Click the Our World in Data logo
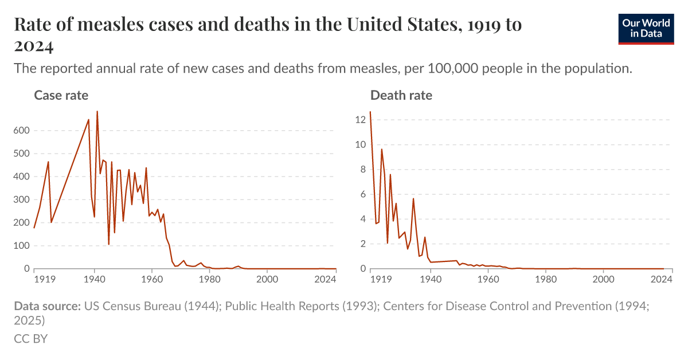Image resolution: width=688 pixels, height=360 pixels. (x=646, y=29)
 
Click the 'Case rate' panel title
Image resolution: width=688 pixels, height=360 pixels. (x=61, y=95)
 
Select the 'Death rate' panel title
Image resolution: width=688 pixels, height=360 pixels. (x=401, y=95)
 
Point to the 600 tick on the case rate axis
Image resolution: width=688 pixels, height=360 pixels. (x=21, y=131)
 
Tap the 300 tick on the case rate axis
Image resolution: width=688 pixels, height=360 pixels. (x=21, y=199)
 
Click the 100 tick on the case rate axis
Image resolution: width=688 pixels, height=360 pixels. (x=21, y=245)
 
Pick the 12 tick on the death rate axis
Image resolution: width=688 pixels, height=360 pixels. (x=360, y=120)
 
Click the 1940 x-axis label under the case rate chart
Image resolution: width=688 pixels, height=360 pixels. (x=94, y=279)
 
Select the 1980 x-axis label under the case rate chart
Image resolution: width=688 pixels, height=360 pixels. (x=209, y=279)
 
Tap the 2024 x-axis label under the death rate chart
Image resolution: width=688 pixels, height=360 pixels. (x=662, y=279)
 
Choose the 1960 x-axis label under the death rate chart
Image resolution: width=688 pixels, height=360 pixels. (x=488, y=279)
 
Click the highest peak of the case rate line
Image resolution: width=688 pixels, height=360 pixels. (x=97, y=111)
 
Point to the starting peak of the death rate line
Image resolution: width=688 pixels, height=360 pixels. (x=370, y=112)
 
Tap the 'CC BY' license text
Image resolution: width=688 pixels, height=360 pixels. (x=30, y=339)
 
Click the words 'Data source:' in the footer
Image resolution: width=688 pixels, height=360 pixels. (x=47, y=306)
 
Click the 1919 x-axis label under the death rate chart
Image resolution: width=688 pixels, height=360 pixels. (x=379, y=279)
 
